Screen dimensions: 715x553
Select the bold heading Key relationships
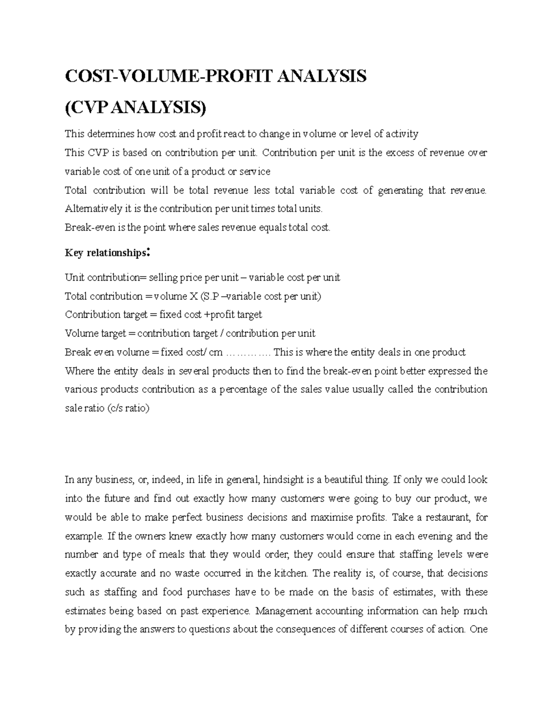(x=105, y=253)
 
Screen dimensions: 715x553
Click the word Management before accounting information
(x=284, y=611)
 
